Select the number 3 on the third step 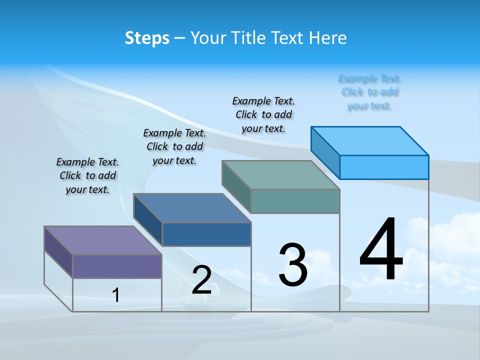pos(293,265)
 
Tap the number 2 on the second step pos(202,280)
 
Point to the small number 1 pos(116,295)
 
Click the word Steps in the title pos(147,38)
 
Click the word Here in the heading pos(328,38)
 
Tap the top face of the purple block pos(102,240)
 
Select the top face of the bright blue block pos(369,141)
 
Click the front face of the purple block pos(117,266)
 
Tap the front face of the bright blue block pos(384,167)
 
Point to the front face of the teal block pos(295,201)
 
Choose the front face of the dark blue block pos(206,234)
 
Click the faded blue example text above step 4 pos(369,92)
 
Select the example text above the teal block pos(263,114)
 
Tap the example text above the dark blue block pos(174,146)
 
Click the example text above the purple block pos(87,175)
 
